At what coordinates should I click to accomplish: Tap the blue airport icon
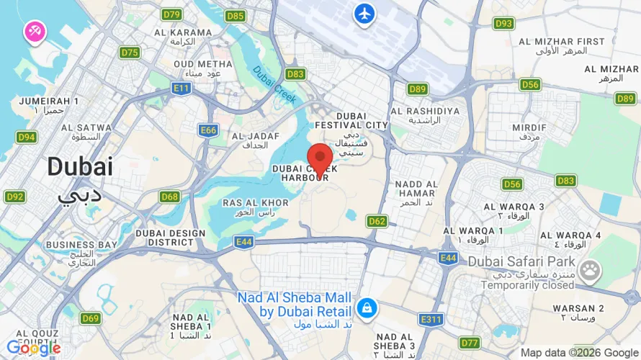coord(365,13)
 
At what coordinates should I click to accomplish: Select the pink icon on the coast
coord(35,31)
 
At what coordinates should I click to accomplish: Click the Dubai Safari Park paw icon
coord(591,270)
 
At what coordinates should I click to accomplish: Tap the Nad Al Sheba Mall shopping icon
coord(367,308)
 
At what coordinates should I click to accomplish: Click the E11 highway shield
coord(181,88)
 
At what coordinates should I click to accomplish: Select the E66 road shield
coord(209,130)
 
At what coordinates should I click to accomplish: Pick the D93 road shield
coord(503,24)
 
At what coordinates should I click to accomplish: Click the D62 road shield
coord(377,221)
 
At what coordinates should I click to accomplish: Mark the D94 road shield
coord(27,137)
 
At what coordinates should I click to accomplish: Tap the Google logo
coord(33,348)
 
